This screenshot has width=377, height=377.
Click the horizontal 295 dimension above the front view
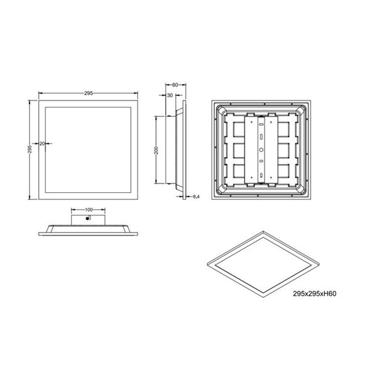click(89, 93)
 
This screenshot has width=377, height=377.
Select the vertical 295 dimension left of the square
click(30, 148)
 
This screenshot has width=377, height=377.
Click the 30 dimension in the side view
click(170, 96)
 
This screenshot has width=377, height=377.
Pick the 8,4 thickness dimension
click(196, 197)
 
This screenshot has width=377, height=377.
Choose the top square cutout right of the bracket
click(283, 127)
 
